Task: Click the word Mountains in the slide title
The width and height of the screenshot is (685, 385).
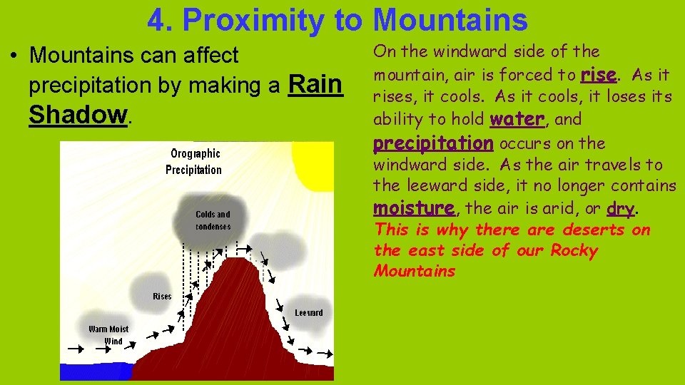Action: [x=450, y=20]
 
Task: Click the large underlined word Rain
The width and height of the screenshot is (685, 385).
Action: [x=315, y=85]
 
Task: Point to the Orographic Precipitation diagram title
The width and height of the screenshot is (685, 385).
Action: [x=194, y=162]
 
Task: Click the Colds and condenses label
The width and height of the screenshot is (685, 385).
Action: [x=213, y=220]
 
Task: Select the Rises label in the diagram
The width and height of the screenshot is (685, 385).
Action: [x=162, y=296]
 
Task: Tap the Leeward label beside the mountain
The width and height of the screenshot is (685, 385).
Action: [x=308, y=312]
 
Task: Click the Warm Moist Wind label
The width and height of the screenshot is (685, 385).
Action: [x=108, y=335]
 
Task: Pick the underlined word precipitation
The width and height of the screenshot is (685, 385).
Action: [x=433, y=143]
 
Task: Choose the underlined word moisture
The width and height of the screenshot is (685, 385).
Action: [x=414, y=208]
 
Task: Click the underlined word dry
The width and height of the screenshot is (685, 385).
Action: [x=619, y=208]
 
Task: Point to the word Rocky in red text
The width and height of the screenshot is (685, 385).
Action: [x=574, y=250]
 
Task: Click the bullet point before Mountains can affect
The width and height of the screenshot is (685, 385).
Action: [x=16, y=56]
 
